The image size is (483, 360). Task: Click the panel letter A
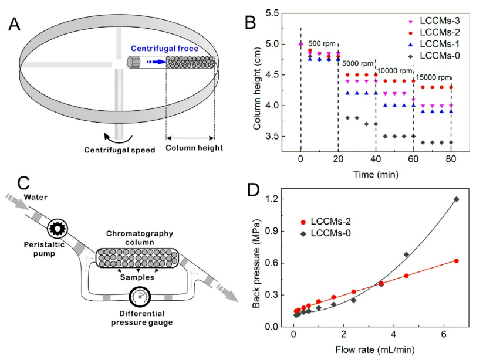tap(15, 25)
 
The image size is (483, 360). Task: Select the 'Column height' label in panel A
tap(194, 148)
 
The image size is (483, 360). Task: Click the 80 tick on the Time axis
tap(451, 158)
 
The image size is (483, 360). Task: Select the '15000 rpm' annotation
tap(434, 77)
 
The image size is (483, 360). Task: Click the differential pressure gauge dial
tap(140, 294)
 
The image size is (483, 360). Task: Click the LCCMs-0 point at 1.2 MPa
tap(456, 199)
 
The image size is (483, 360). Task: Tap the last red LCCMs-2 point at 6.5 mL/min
tap(456, 261)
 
